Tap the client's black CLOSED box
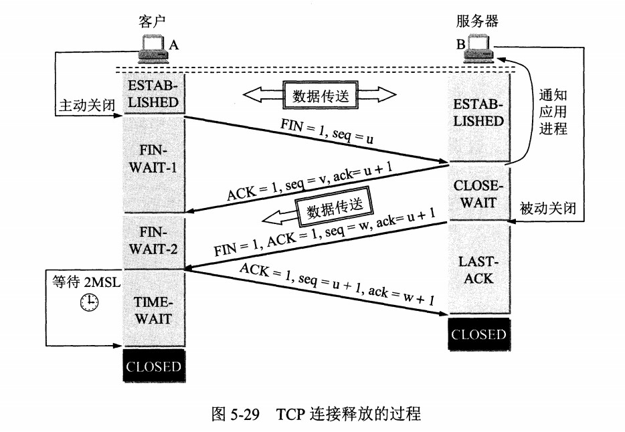153,366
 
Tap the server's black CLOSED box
478,334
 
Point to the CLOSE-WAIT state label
478,193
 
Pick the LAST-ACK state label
478,269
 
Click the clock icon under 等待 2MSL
88,304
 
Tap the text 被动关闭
547,209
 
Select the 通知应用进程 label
553,112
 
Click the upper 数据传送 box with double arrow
321,95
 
